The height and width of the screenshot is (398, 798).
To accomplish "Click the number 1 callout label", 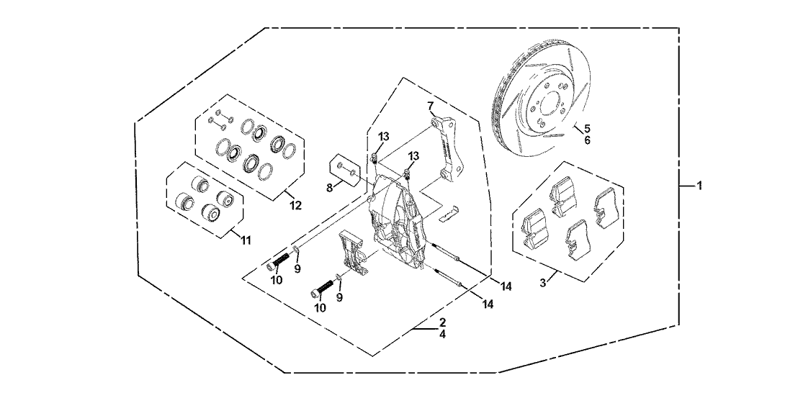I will tap(698, 186).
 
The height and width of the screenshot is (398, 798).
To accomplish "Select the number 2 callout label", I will tap(442, 322).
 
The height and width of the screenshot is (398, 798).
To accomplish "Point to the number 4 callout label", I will tap(442, 334).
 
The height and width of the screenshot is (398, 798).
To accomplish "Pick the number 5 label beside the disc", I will tap(587, 129).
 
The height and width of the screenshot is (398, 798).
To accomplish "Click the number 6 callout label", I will tap(587, 140).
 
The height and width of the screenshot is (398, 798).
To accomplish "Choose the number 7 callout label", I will tap(431, 107).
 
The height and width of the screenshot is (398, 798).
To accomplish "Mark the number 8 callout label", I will tap(329, 188).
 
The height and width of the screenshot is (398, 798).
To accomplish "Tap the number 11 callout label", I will tap(246, 240).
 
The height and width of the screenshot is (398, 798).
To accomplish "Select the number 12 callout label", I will tap(296, 206).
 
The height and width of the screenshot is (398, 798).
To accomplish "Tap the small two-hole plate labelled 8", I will tap(344, 171).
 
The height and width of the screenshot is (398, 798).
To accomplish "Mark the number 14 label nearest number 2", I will tap(488, 304).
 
